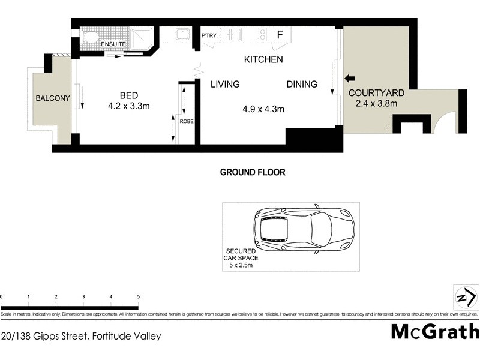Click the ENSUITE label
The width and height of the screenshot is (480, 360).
coord(112,44)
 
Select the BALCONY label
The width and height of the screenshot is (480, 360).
coord(52,98)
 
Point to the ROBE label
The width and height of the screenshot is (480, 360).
coord(187,121)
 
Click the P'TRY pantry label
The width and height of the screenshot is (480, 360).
coord(208,35)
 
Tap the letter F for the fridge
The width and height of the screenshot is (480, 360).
coord(280,34)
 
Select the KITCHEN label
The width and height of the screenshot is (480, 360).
coord(263,60)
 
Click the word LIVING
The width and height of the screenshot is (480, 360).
coord(225,85)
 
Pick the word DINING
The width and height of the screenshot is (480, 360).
coord(302,85)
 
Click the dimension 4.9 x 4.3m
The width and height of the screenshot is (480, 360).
coord(263,109)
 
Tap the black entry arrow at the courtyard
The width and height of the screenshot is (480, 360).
coord(350,78)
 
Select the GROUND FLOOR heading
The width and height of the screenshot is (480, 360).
coord(252,172)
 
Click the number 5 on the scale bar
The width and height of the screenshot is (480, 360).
coord(139,296)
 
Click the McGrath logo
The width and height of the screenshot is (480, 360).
coord(435,331)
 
